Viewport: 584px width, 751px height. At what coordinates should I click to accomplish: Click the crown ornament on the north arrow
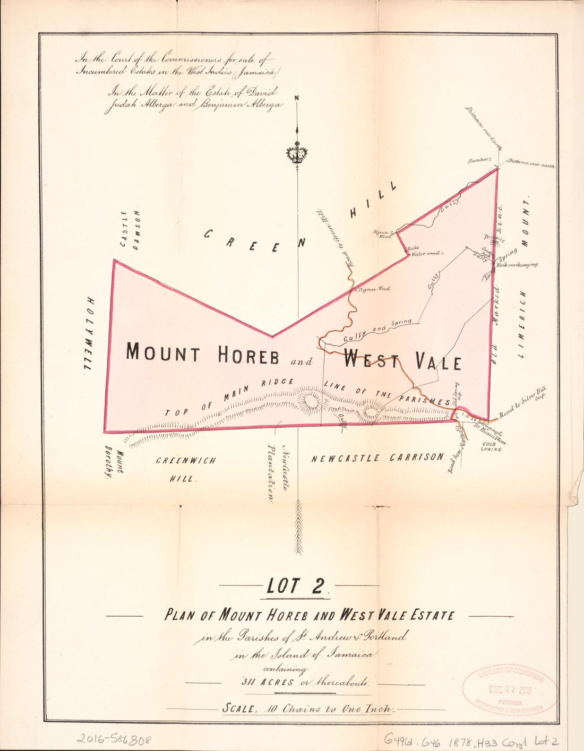click(x=297, y=154)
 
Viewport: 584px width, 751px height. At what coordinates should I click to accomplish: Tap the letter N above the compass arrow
click(x=297, y=98)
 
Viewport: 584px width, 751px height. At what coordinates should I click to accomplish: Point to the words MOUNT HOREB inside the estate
click(x=202, y=354)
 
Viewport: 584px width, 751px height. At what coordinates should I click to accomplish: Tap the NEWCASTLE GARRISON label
click(x=377, y=457)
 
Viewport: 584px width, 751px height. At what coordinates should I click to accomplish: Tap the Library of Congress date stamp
click(x=510, y=690)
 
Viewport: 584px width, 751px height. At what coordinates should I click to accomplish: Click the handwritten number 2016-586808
click(x=114, y=739)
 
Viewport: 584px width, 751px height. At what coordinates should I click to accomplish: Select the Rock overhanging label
click(x=518, y=264)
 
